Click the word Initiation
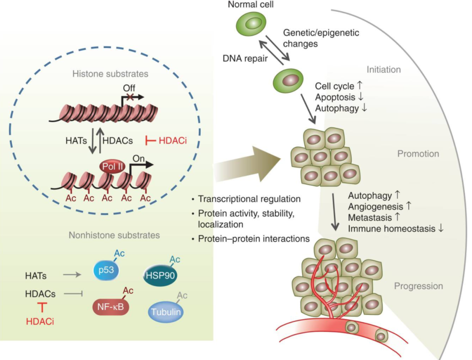click(383, 70)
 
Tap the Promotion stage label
click(418, 154)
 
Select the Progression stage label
click(418, 286)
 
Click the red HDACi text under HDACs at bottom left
click(40, 322)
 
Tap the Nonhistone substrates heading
click(114, 235)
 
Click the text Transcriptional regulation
click(249, 199)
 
